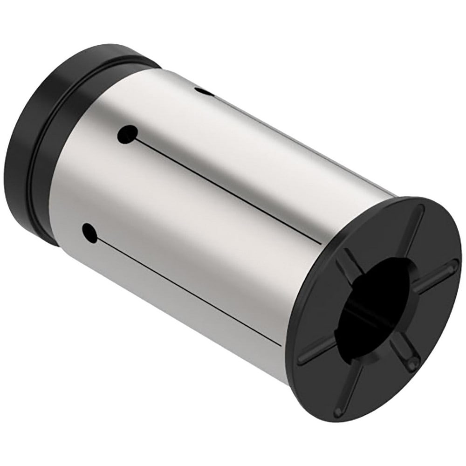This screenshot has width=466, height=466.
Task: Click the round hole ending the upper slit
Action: (127, 135)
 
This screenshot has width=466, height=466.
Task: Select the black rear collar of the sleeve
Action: (37, 140)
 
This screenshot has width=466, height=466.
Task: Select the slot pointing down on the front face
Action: (345, 387)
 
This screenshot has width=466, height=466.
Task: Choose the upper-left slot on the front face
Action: (347, 266)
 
